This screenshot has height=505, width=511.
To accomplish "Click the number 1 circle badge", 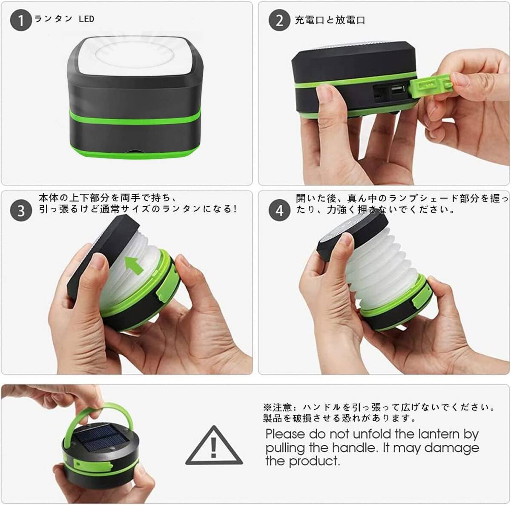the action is click(x=21, y=20).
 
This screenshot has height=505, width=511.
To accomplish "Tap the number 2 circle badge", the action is click(x=279, y=20).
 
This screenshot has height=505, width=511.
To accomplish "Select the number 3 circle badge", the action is click(x=21, y=211).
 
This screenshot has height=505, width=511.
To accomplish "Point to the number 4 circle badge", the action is click(x=279, y=211).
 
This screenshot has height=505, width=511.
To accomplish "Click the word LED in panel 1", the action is click(x=86, y=19).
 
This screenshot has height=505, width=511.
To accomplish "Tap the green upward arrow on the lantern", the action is click(x=134, y=265).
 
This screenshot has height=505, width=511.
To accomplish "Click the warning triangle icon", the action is click(x=214, y=445).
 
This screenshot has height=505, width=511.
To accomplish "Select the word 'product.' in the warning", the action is click(x=314, y=462).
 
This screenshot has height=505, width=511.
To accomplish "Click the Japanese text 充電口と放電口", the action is click(x=330, y=20).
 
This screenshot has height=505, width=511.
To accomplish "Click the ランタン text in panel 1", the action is click(x=54, y=19).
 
